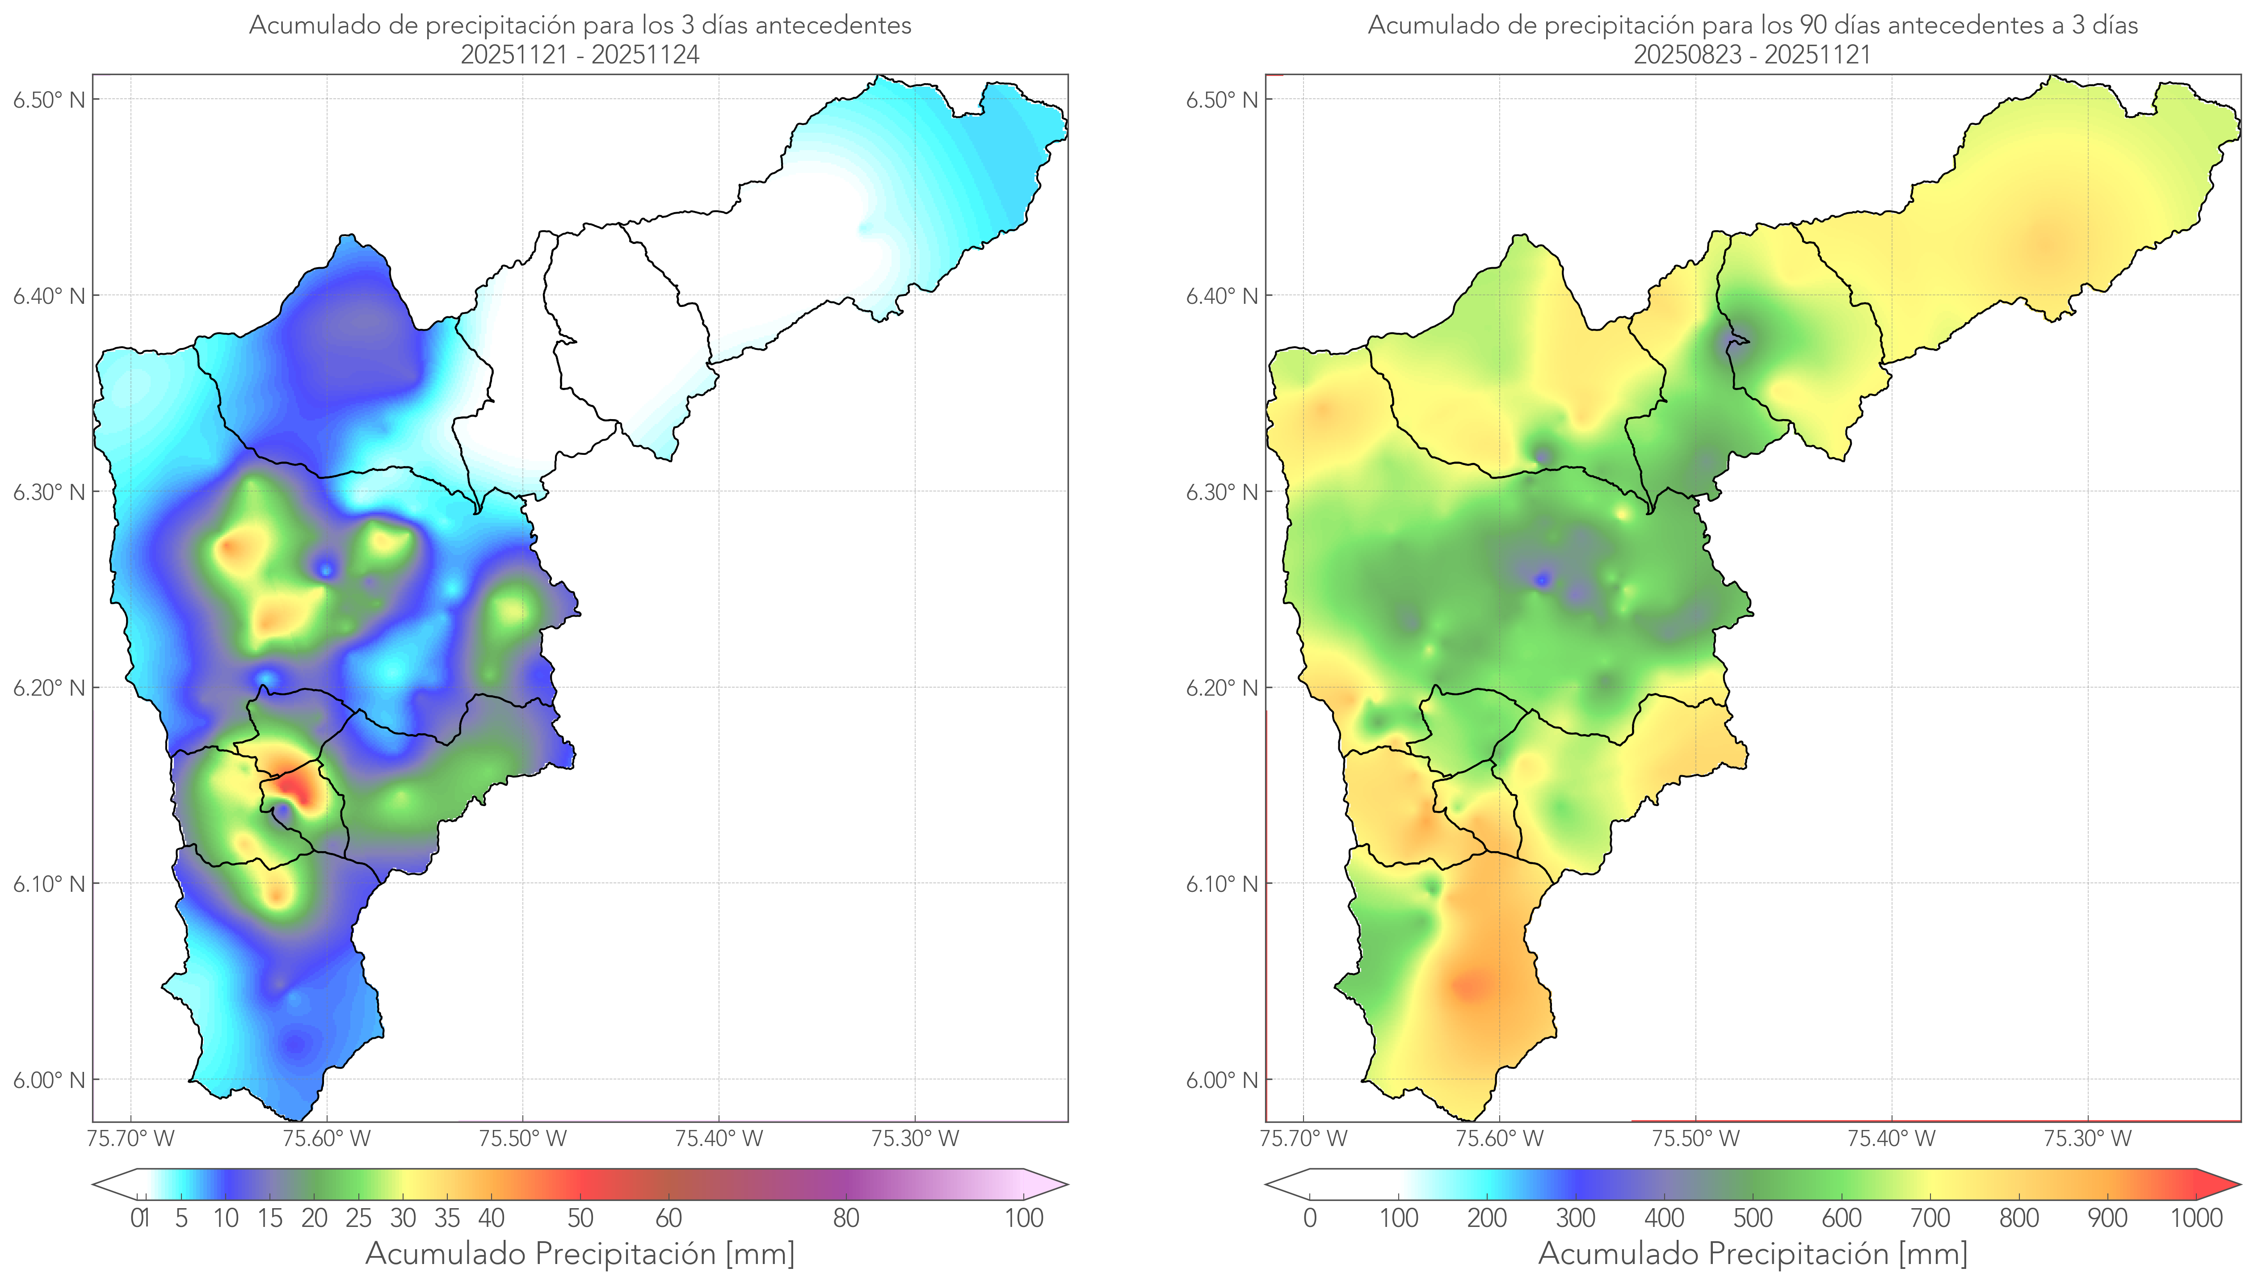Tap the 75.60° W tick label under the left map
click(x=327, y=1138)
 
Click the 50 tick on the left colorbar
click(x=580, y=1218)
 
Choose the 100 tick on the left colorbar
click(x=1024, y=1218)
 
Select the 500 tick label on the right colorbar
click(x=1753, y=1218)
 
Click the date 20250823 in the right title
click(x=1687, y=55)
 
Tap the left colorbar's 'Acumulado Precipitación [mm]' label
click(x=580, y=1253)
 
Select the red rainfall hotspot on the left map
click(x=294, y=785)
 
